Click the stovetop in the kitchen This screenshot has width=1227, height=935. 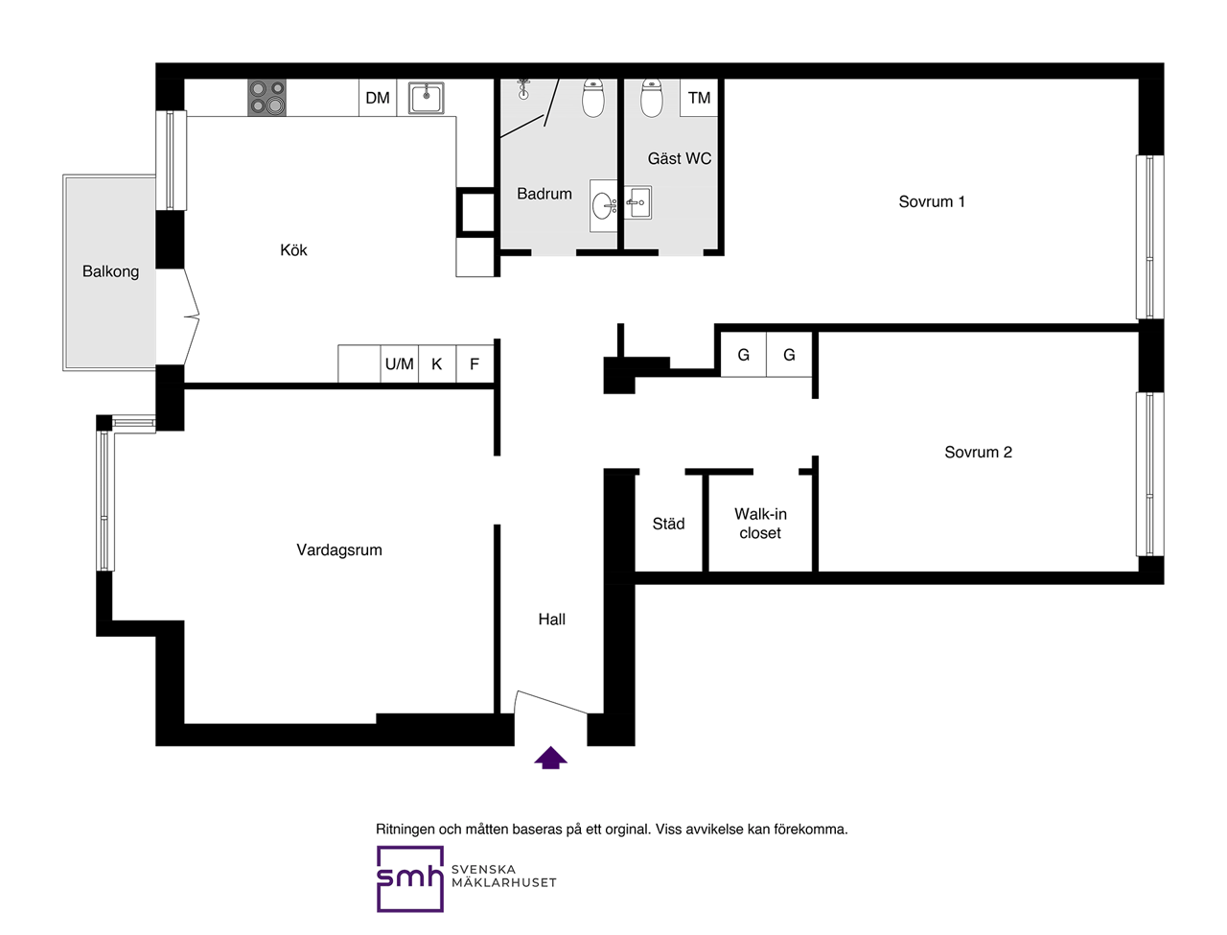[x=266, y=97]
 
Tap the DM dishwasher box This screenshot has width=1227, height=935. [x=378, y=97]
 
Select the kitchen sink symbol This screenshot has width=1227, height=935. [x=426, y=98]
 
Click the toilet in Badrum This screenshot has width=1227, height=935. [x=593, y=98]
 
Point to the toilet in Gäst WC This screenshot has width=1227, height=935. [x=651, y=98]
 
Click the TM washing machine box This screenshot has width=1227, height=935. [x=699, y=97]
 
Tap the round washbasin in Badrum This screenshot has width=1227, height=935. [x=604, y=206]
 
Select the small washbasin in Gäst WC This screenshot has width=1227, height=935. [x=637, y=202]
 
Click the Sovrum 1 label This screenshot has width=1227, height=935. [x=932, y=201]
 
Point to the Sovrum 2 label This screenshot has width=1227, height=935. [x=979, y=452]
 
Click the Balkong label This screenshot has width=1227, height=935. [x=110, y=271]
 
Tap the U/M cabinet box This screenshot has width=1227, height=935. [x=399, y=364]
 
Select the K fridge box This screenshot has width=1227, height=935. [x=437, y=364]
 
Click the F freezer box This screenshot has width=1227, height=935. [x=475, y=364]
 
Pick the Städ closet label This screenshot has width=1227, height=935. [x=668, y=524]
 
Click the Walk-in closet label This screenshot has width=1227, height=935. [x=760, y=523]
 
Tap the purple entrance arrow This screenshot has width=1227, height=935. [x=550, y=758]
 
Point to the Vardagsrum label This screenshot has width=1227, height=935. [x=339, y=550]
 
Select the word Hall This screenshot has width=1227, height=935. [x=552, y=619]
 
